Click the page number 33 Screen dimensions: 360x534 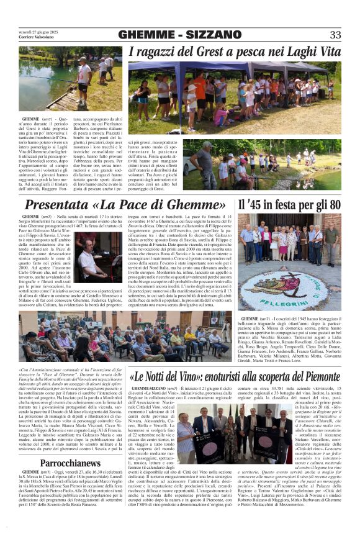click(x=335, y=35)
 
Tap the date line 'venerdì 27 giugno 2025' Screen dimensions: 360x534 click(x=38, y=31)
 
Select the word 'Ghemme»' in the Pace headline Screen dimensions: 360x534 click(x=196, y=204)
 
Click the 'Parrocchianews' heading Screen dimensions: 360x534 click(x=71, y=463)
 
